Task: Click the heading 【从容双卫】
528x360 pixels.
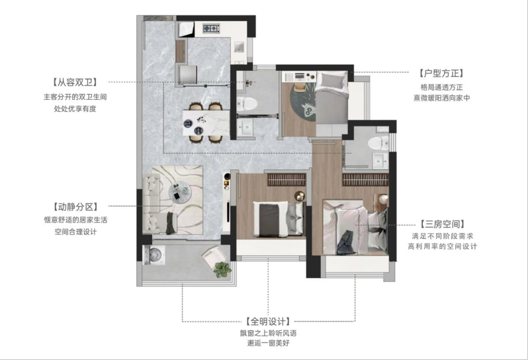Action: tap(75, 82)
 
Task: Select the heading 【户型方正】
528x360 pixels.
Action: tap(441, 73)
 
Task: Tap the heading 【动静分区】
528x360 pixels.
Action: tap(75, 206)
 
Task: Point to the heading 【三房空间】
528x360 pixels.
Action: tap(443, 224)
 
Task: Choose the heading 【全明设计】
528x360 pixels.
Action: tap(268, 321)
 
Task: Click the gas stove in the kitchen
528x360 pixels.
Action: tap(211, 28)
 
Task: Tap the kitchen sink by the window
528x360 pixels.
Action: tap(239, 47)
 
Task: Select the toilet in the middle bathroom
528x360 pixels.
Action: tap(247, 103)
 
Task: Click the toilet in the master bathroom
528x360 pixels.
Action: tap(377, 142)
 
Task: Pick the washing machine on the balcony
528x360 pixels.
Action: tap(154, 255)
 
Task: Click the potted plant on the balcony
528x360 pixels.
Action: tap(222, 269)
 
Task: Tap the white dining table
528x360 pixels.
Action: tap(206, 122)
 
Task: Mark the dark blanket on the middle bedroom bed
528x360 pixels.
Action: tap(269, 220)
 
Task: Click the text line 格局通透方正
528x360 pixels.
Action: tap(441, 87)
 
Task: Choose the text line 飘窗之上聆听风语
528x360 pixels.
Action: tap(268, 334)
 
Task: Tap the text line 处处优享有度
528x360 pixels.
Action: tap(75, 109)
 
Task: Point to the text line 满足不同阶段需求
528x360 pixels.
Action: tap(443, 236)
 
